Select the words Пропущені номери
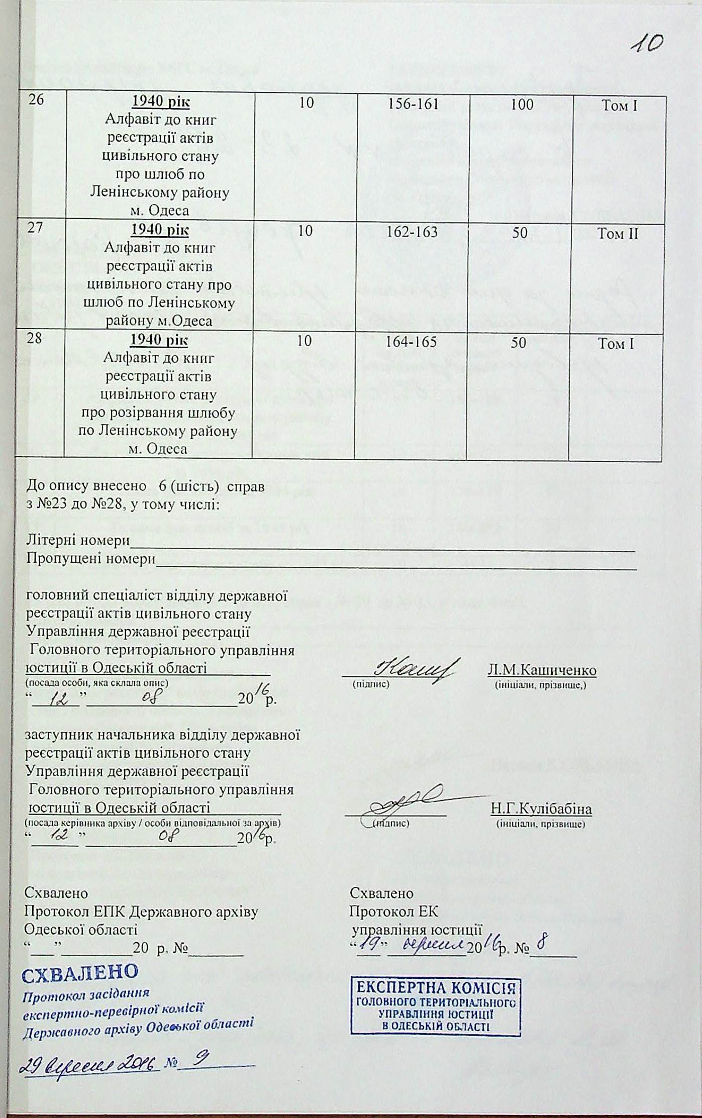click(x=90, y=559)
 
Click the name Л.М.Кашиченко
click(x=542, y=670)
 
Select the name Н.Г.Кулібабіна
click(x=541, y=809)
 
